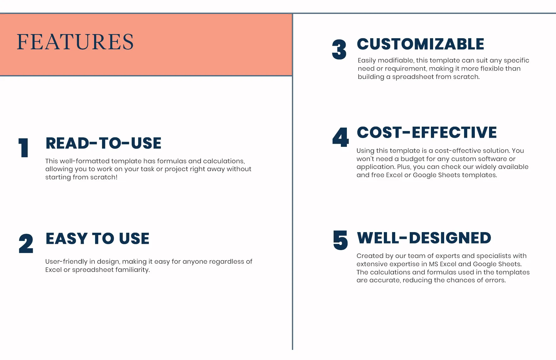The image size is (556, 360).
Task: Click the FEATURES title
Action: tap(75, 42)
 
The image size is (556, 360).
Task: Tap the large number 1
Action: tap(24, 148)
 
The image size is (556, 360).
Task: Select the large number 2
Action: tap(26, 243)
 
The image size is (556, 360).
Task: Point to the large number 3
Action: tap(339, 50)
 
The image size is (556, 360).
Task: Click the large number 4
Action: tap(341, 137)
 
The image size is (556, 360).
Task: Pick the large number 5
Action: tap(341, 240)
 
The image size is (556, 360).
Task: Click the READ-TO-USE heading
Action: tap(104, 143)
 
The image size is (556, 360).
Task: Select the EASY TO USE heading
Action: tap(98, 238)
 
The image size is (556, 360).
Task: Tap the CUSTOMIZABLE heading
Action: tap(420, 44)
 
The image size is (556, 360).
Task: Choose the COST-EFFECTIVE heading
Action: tap(427, 132)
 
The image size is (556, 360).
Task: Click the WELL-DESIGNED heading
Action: tap(424, 238)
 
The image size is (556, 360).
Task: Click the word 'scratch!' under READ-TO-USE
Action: tap(104, 177)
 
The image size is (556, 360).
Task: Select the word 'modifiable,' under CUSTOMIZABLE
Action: tap(396, 60)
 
